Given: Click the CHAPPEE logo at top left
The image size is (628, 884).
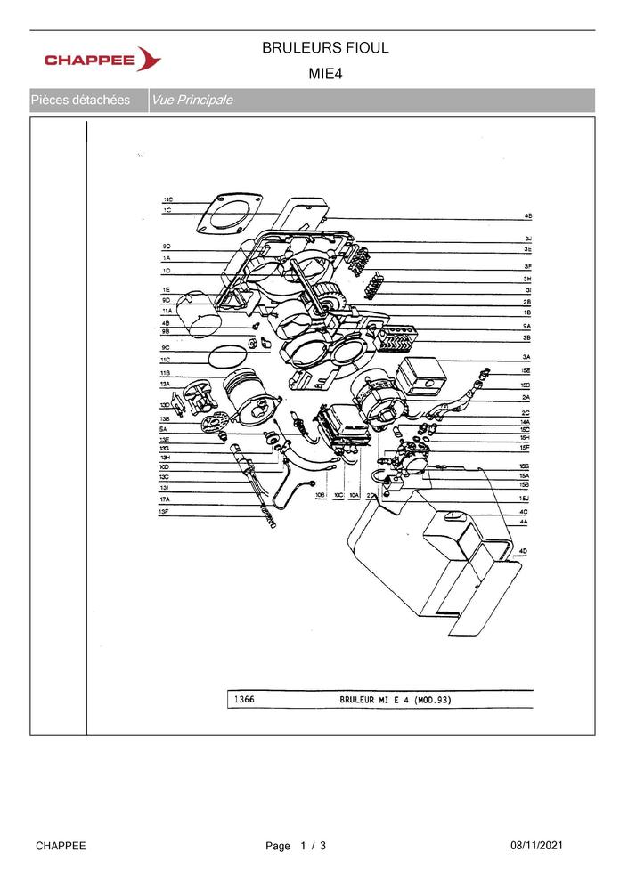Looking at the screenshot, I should click(102, 60).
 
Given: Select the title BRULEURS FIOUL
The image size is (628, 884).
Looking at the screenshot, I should click(325, 48).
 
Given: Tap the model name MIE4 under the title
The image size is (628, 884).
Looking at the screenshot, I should click(325, 74).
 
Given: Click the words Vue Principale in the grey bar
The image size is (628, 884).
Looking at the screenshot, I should click(192, 101).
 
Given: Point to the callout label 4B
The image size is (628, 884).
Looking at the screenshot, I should click(527, 216).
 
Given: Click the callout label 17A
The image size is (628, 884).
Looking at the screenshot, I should click(165, 499).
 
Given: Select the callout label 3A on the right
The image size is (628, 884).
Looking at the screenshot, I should click(527, 357).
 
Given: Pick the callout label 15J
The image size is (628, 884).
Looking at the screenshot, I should click(525, 499).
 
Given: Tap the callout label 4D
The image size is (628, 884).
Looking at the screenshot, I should click(524, 552).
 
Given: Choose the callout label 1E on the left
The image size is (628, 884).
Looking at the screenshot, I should click(166, 290).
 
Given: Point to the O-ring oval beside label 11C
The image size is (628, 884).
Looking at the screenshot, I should click(226, 356).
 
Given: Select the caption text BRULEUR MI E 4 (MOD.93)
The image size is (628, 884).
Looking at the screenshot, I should click(395, 700).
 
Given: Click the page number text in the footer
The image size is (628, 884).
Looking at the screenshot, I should click(296, 845).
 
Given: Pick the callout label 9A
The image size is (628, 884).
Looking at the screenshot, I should click(527, 327).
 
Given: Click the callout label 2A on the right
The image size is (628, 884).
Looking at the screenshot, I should click(526, 397).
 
